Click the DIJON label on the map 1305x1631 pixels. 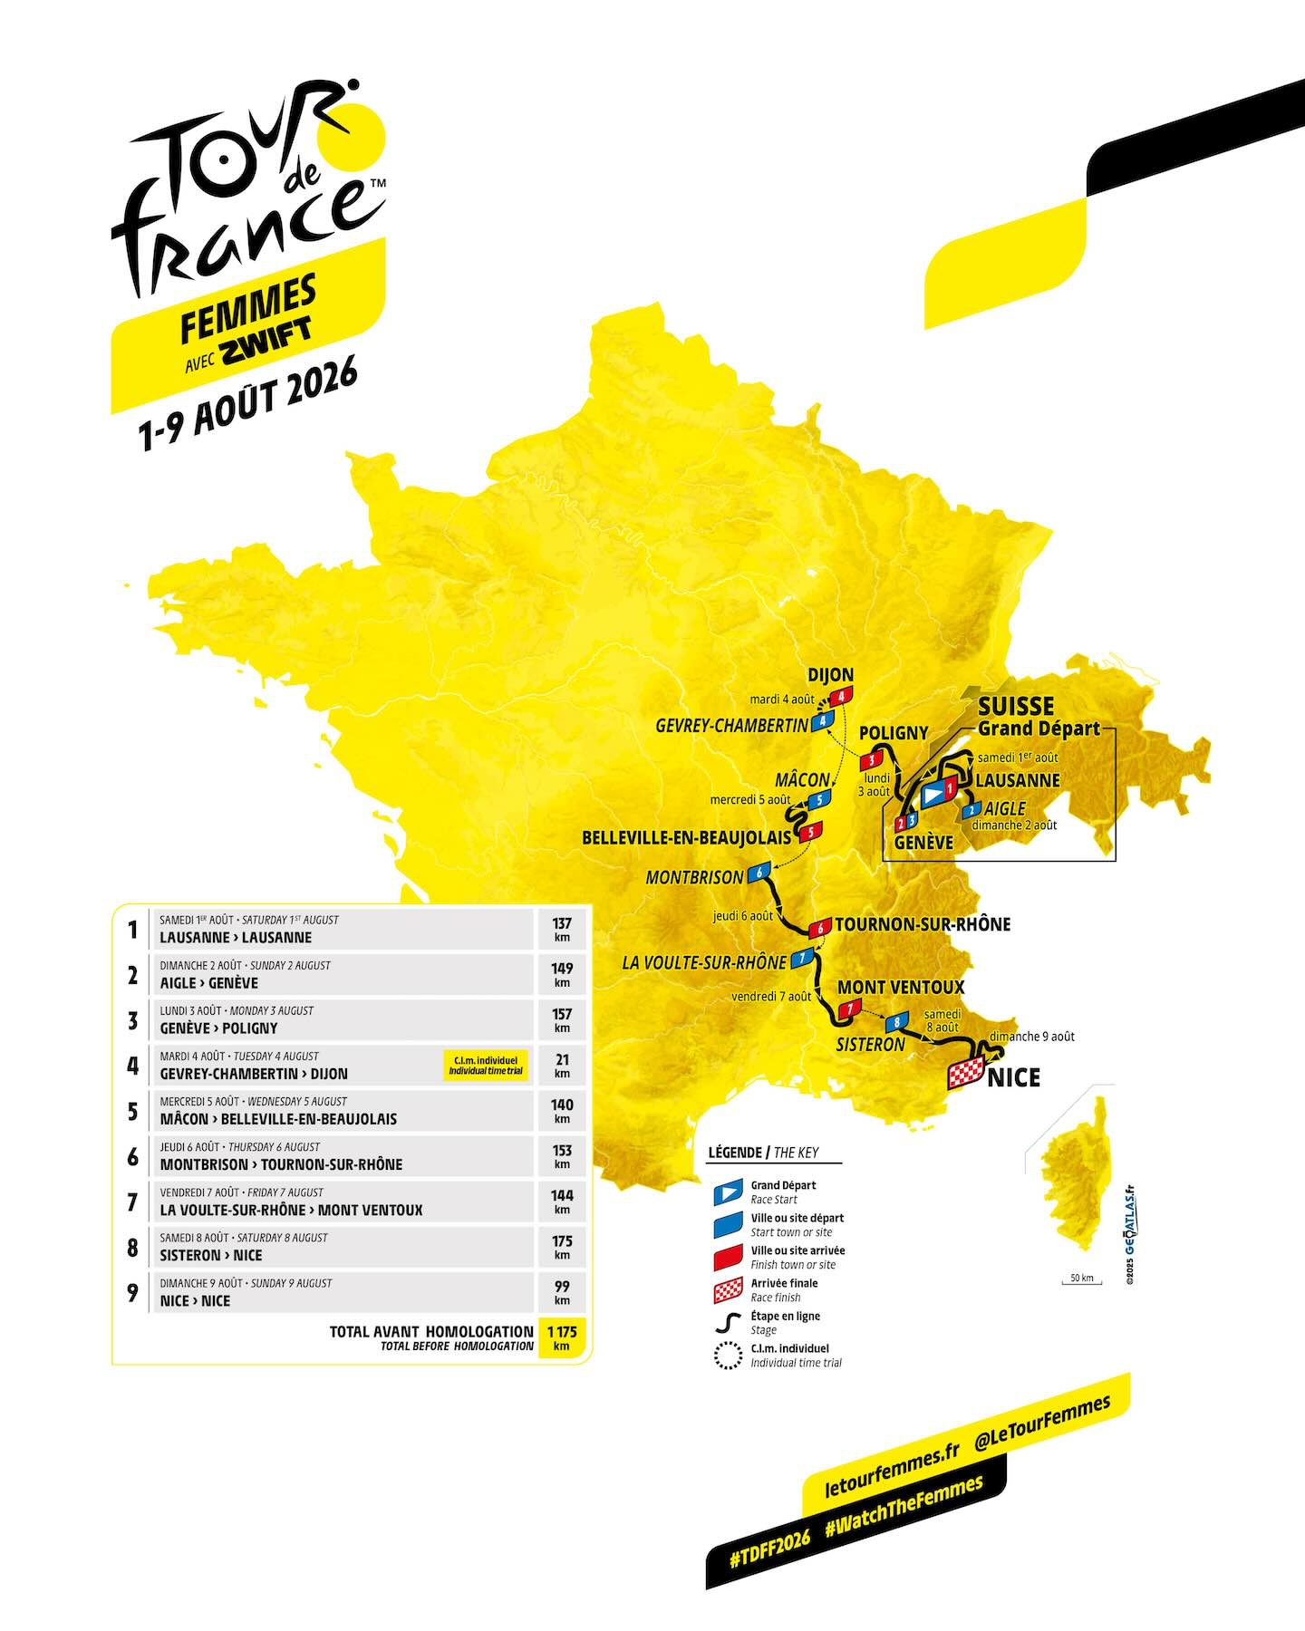click(830, 675)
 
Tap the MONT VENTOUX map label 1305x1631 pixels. click(900, 987)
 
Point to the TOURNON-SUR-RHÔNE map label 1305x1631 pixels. click(923, 924)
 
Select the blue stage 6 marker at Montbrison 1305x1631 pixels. click(759, 873)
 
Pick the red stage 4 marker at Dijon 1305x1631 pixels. click(842, 696)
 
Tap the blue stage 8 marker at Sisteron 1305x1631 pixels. click(896, 1022)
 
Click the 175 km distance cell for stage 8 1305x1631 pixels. click(562, 1247)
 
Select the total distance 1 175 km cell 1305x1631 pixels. click(562, 1337)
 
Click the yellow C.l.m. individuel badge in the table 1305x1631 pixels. click(485, 1065)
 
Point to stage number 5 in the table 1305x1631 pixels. click(133, 1111)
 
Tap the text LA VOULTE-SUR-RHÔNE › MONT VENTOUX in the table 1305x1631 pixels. click(291, 1210)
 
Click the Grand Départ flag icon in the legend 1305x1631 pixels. click(728, 1192)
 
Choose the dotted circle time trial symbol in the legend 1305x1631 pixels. click(728, 1356)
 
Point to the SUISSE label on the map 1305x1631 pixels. click(1016, 706)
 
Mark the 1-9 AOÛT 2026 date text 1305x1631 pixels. click(246, 405)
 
